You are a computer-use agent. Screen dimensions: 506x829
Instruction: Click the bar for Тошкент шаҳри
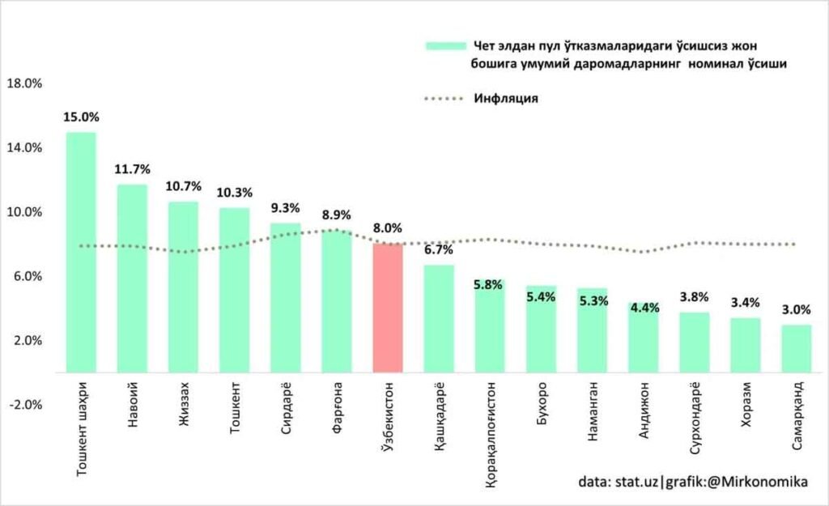(x=81, y=251)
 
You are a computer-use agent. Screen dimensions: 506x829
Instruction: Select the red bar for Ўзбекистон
(x=388, y=308)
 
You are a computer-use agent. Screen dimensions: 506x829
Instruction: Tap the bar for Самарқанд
(x=797, y=348)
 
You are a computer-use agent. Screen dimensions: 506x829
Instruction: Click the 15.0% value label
(x=80, y=117)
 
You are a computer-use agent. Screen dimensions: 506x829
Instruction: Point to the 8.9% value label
(x=336, y=215)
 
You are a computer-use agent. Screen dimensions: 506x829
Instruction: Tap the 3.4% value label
(x=746, y=303)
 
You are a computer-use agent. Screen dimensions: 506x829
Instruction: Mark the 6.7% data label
(x=438, y=249)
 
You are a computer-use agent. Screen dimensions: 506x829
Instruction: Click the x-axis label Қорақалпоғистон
(x=491, y=433)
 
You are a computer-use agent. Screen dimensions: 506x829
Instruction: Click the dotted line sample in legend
(x=446, y=99)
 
